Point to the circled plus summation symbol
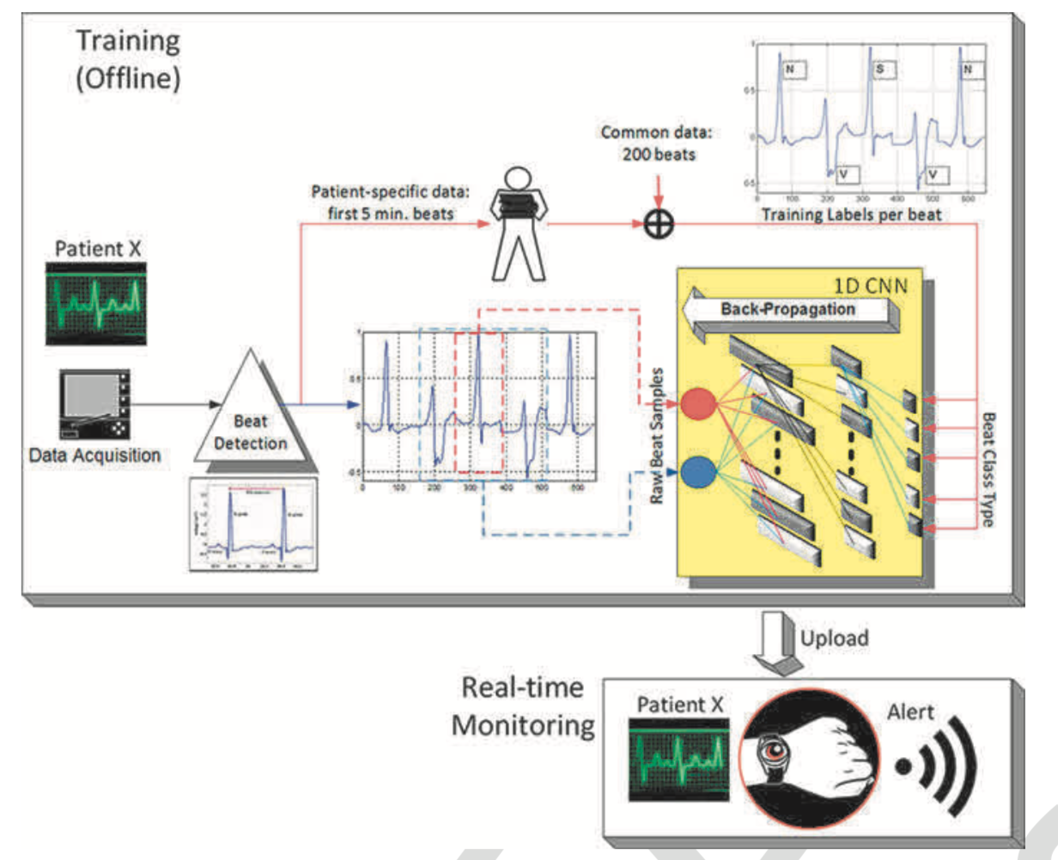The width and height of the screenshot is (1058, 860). [x=659, y=225]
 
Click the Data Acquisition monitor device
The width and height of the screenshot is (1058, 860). [x=94, y=403]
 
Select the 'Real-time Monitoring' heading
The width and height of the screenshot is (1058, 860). [x=523, y=706]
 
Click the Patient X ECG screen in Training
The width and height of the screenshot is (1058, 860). [x=95, y=303]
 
